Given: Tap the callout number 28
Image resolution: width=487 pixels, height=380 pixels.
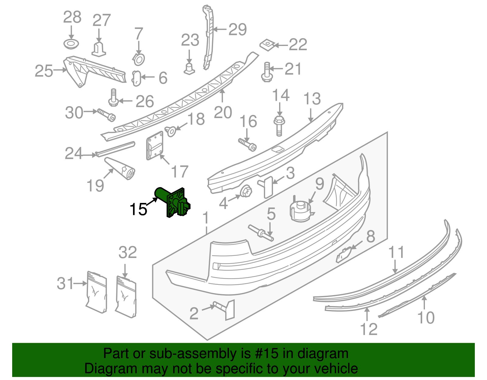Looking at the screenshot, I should click(x=72, y=17).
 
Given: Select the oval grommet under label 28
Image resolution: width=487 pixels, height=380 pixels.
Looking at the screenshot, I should click(x=71, y=44).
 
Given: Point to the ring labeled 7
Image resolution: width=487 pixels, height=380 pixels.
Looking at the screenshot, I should click(x=139, y=59).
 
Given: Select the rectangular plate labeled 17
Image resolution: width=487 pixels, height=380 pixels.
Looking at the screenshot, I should click(x=155, y=145).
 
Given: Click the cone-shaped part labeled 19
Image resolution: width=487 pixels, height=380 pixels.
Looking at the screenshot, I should click(x=122, y=169).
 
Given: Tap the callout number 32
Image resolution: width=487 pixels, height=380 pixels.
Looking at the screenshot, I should click(x=128, y=253).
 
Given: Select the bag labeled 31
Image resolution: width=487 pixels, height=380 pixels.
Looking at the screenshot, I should click(x=97, y=292).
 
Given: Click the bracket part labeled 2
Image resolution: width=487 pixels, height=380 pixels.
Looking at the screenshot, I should click(x=227, y=309).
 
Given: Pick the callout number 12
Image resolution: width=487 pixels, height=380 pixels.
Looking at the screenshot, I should click(x=369, y=329).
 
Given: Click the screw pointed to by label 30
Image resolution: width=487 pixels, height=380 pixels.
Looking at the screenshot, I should click(x=107, y=115).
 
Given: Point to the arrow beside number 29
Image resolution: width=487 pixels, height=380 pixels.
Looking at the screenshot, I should click(x=220, y=30).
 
